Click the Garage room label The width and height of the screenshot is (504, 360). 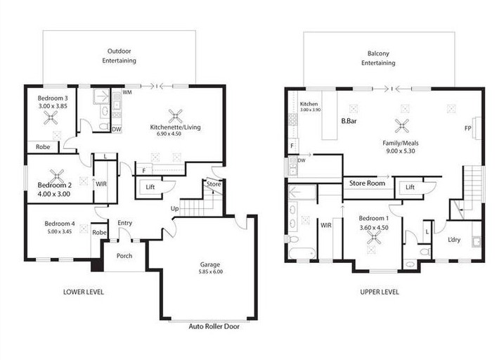tap(210, 264)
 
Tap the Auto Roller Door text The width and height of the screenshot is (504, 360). tap(214, 326)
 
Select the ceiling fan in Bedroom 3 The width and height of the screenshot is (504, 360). tap(51, 118)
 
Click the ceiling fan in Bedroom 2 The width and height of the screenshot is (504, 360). tap(57, 176)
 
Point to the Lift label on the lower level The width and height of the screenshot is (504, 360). tap(150, 187)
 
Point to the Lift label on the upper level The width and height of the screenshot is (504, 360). tap(410, 187)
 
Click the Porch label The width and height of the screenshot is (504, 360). tap(124, 256)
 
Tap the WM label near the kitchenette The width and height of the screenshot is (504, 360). tap(127, 93)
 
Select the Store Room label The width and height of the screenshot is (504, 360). tap(367, 184)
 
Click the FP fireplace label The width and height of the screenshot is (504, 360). tap(468, 128)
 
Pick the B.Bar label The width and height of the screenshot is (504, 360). tap(349, 122)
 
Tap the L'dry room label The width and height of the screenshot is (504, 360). tap(454, 240)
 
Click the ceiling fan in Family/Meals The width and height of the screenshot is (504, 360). tap(402, 126)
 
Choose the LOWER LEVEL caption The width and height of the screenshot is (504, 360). tap(84, 292)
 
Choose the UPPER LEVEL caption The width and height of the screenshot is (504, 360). tap(380, 292)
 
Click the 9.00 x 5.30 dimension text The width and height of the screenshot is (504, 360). tap(400, 150)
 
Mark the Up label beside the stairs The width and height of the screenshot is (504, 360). tap(174, 209)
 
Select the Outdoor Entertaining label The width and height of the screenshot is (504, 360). tap(119, 56)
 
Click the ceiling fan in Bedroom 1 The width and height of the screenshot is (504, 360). tap(374, 238)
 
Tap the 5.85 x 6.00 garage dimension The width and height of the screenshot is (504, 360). tap(211, 271)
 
